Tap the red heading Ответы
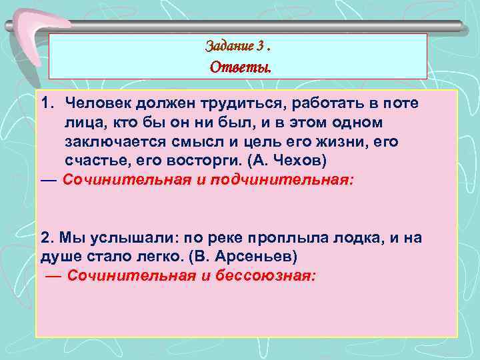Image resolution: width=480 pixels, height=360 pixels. point(240,67)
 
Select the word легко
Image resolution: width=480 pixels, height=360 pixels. point(161,257)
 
